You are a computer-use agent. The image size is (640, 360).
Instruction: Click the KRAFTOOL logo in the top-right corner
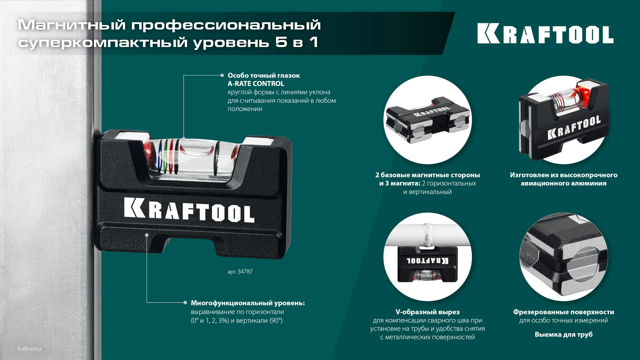pos(545,33)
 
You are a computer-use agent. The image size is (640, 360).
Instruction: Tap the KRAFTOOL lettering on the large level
pos(189,210)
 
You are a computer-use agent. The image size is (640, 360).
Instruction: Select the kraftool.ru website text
pos(29,349)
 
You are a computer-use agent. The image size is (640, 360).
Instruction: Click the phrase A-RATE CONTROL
pos(256,84)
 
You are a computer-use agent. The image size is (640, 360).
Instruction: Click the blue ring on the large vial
pos(161,157)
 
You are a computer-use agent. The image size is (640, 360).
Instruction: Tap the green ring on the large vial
pos(166,157)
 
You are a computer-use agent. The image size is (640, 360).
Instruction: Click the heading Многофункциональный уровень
pos(247,303)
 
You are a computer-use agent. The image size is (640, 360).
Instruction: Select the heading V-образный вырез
pos(427,312)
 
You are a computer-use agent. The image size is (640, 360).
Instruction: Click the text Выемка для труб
pos(563,334)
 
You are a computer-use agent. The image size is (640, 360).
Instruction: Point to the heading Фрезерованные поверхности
pos(563,312)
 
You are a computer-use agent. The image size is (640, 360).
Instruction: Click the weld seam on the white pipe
pos(427,233)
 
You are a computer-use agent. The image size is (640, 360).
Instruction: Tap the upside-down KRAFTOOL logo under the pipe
pos(427,261)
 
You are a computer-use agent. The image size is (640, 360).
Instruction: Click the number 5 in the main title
pos(281,42)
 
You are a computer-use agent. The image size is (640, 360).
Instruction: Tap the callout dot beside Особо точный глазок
pos(222,75)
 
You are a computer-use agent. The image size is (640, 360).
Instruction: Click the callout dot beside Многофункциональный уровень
pos(185,303)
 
